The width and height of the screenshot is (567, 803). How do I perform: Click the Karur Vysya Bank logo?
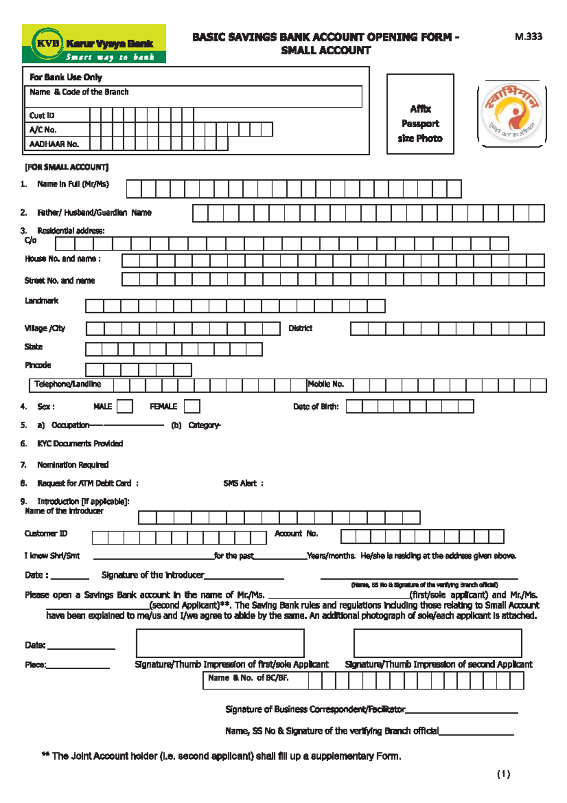point(94,44)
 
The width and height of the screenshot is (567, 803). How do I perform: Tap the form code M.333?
point(528,36)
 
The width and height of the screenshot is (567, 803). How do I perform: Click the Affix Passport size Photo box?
point(420,114)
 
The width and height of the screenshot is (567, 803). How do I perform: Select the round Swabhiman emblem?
point(511,113)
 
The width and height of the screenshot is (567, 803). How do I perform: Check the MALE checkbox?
point(125,407)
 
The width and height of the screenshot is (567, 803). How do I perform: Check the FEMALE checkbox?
point(192,407)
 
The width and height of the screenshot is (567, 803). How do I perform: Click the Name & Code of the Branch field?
point(193,96)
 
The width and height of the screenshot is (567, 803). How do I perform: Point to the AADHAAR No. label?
point(54,144)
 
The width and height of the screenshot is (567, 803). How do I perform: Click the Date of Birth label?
point(316,407)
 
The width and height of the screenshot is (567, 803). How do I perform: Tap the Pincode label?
point(38,365)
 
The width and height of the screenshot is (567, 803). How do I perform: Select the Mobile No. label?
point(326,384)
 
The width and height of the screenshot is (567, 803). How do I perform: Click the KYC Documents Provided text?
point(80,444)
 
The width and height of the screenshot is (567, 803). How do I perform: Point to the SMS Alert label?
point(240,483)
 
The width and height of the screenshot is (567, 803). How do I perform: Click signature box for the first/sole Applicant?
point(220,643)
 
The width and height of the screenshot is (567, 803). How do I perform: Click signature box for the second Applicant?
point(438,643)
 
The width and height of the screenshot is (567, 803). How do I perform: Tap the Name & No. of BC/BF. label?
point(248,678)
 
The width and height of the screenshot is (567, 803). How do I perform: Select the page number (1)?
point(503,774)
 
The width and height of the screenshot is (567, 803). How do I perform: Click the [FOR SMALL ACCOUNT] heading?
point(67,167)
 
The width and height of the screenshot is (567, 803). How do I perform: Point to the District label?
point(300,328)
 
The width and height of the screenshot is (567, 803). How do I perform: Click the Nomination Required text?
point(73,465)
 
